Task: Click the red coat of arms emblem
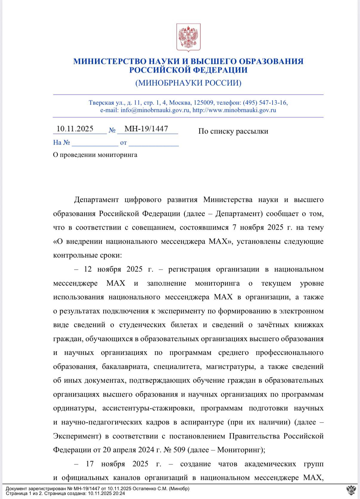(188, 38)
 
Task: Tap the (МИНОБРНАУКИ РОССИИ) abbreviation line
(188, 83)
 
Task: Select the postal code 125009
(204, 103)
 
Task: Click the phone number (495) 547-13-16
(265, 103)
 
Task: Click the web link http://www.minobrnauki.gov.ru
(234, 110)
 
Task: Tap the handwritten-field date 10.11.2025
(75, 129)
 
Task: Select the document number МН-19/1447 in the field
(146, 129)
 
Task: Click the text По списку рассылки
(233, 131)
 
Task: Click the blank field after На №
(95, 143)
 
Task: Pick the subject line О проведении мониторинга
(95, 155)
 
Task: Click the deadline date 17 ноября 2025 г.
(123, 464)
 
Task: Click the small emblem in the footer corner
(351, 490)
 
